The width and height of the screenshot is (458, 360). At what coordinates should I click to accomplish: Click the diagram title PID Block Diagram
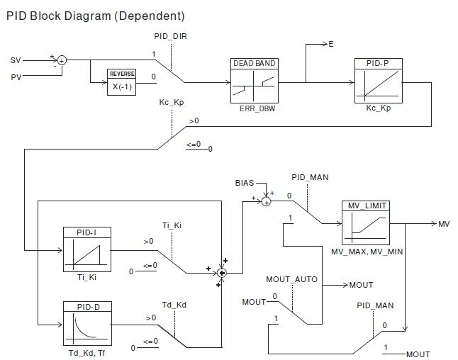click(95, 15)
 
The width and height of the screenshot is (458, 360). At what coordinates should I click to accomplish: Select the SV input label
click(16, 60)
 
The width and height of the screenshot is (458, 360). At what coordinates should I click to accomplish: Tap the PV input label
click(16, 77)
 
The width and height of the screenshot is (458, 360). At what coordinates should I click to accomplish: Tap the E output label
click(330, 44)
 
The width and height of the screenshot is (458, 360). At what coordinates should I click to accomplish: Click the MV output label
click(444, 224)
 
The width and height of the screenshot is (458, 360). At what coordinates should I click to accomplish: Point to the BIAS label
click(245, 183)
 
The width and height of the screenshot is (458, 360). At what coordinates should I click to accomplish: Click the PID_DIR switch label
click(170, 35)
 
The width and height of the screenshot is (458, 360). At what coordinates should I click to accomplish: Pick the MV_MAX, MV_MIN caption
click(366, 252)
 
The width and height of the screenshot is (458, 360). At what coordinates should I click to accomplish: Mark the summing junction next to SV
click(62, 61)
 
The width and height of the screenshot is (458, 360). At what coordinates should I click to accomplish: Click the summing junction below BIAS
click(267, 202)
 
